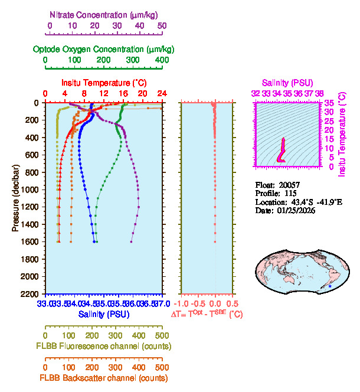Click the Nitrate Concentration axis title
(x=105, y=14)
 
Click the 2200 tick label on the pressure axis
(x=31, y=294)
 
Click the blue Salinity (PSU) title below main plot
(x=104, y=315)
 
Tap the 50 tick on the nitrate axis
(x=162, y=27)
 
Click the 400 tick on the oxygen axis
(x=162, y=60)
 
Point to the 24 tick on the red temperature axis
(x=162, y=94)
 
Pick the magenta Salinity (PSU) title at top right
(x=287, y=83)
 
